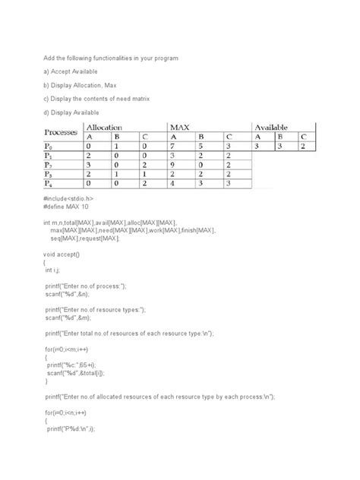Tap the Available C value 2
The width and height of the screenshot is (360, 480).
303,147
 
